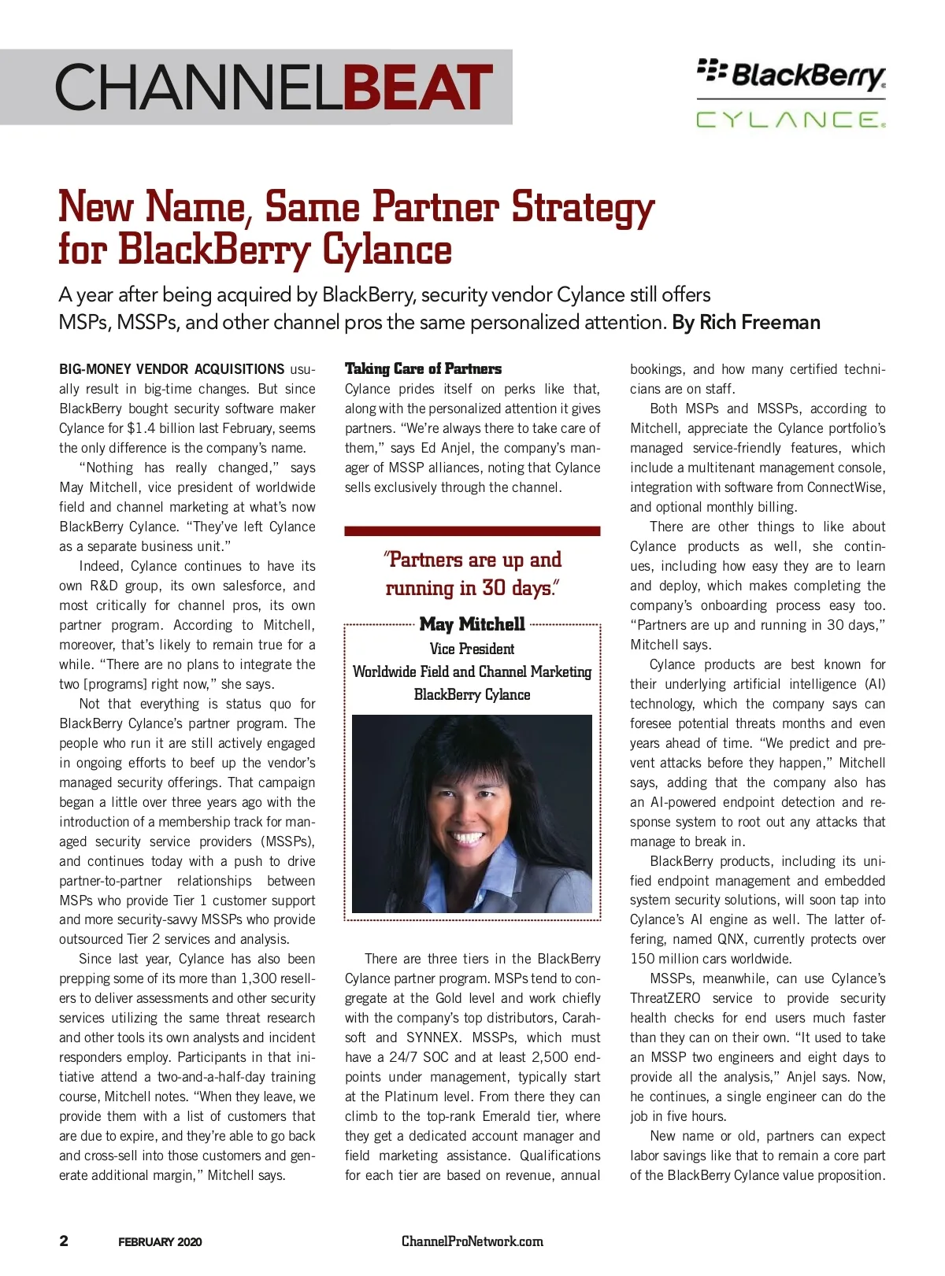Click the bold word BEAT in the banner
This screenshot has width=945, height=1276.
418,87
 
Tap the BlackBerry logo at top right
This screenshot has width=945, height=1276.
791,74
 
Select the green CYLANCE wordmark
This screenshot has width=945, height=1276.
791,120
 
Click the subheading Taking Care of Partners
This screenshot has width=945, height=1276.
423,368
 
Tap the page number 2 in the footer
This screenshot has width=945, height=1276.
64,1241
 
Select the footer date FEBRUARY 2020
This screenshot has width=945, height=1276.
160,1242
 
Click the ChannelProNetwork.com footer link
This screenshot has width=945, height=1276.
472,1241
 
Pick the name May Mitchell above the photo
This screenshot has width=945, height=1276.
472,624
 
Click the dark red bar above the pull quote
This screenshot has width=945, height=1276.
472,531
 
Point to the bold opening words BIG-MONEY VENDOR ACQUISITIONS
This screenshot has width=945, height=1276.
172,369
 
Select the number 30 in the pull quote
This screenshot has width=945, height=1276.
494,588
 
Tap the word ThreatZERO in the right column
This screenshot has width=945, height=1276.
665,998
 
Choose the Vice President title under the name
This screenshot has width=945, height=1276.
472,649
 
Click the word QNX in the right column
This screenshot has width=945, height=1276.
732,939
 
